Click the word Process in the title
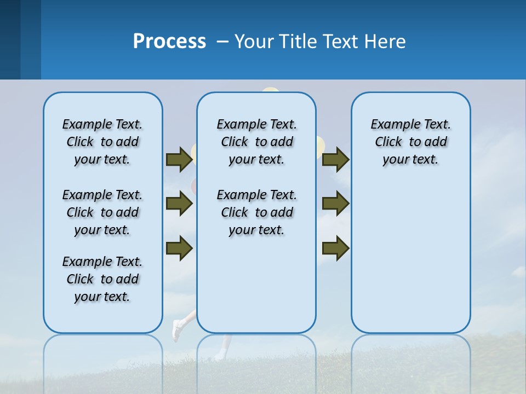[x=169, y=42]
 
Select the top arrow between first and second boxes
[x=179, y=159]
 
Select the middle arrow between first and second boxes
[x=179, y=204]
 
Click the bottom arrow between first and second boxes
[x=179, y=248]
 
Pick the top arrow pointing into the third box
[x=335, y=159]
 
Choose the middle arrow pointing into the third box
[x=335, y=204]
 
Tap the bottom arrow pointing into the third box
[x=335, y=248]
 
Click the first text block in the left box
[x=102, y=142]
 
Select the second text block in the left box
[x=102, y=212]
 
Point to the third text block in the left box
[x=102, y=279]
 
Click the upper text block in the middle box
[x=256, y=142]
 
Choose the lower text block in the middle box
[x=256, y=212]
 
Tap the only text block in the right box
[x=411, y=142]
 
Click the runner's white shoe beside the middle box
[x=176, y=331]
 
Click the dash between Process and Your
[x=222, y=42]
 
